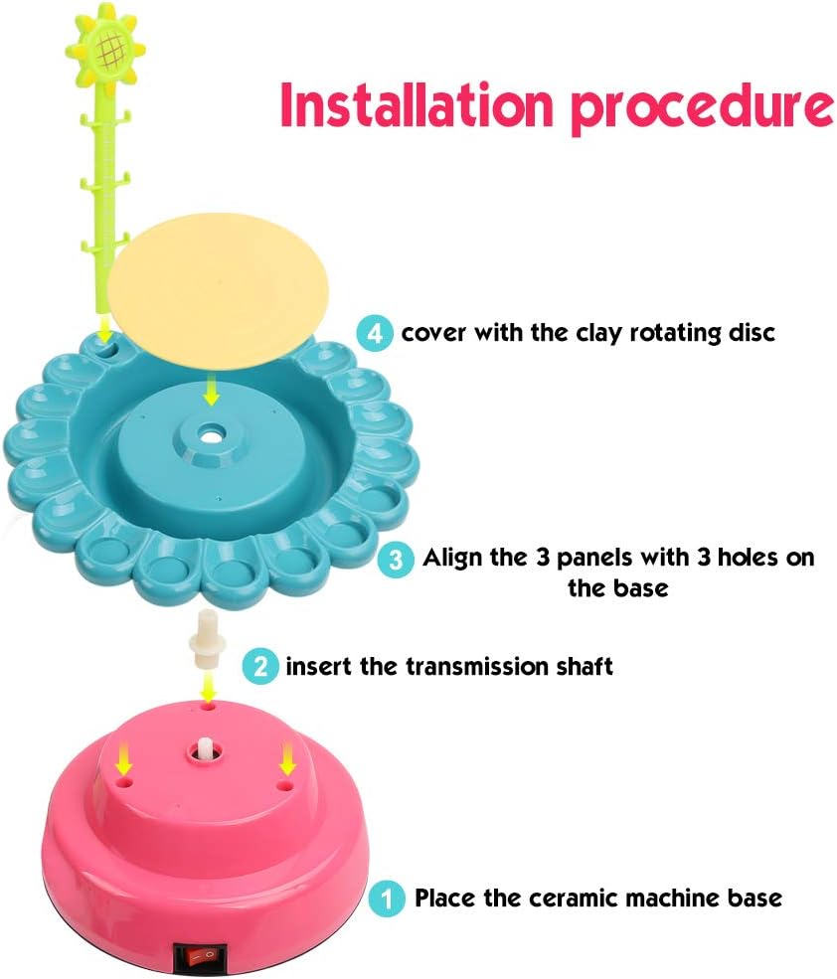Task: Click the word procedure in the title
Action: pos(704,107)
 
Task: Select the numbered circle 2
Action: pos(260,665)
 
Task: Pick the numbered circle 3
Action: pos(396,559)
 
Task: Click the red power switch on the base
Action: pos(198,953)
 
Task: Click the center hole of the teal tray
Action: pos(210,434)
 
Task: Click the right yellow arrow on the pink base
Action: pos(288,760)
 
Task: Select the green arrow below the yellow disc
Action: pos(210,395)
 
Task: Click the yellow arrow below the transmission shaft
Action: pos(208,685)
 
